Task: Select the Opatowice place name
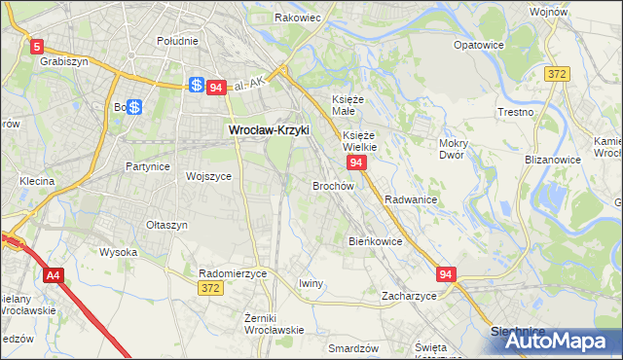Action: click(x=479, y=45)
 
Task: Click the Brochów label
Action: click(x=332, y=184)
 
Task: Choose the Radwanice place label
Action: click(x=410, y=198)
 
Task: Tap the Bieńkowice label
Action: click(x=375, y=240)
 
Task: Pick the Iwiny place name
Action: click(x=311, y=283)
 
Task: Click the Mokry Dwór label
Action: click(x=455, y=148)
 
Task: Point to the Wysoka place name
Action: click(x=119, y=252)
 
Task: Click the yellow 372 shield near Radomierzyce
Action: click(x=209, y=288)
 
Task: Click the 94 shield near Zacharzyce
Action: click(x=447, y=275)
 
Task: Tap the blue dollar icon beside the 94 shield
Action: click(x=197, y=87)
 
